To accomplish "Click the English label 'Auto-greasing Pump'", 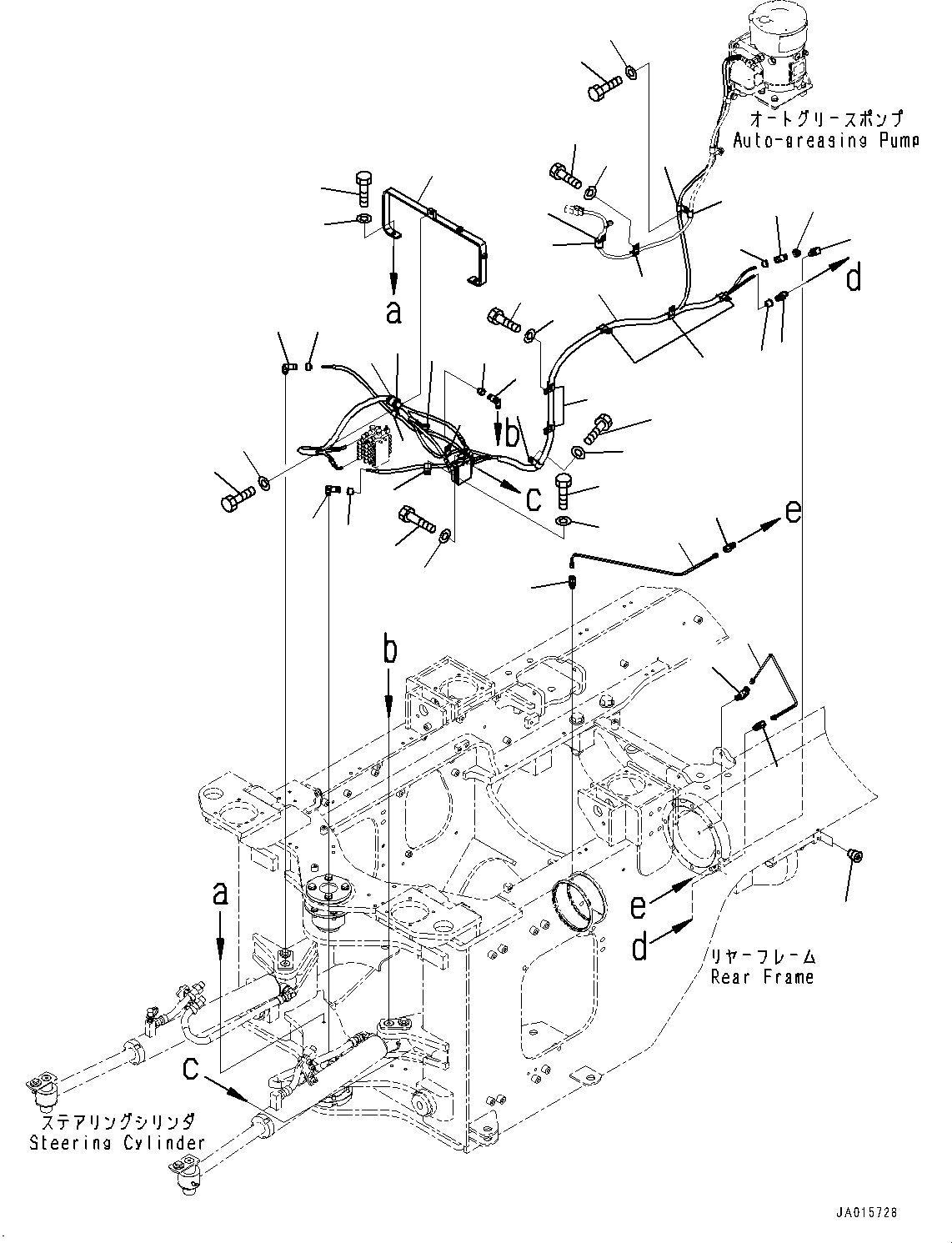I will click(x=825, y=140).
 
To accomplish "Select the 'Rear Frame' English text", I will click(x=762, y=976).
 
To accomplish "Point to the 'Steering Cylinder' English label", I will click(x=117, y=1143).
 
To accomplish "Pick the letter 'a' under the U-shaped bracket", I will click(x=393, y=313).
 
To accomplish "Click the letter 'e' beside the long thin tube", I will click(x=793, y=510).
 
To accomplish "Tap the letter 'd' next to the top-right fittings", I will click(x=854, y=278).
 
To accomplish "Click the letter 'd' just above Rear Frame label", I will click(x=639, y=948).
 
